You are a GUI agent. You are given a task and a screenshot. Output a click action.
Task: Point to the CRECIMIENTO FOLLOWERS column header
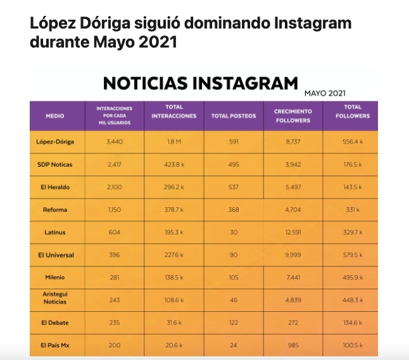(293, 115)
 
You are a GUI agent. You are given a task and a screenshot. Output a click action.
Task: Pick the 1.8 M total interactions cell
(173, 141)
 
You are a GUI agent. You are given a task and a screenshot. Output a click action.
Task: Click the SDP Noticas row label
(55, 165)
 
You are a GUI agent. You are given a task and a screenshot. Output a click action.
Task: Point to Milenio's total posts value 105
(233, 278)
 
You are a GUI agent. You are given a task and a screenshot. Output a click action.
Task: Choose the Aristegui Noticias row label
(55, 300)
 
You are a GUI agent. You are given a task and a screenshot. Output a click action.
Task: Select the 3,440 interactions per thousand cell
(115, 141)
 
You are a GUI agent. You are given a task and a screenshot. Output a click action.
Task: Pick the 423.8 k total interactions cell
(173, 165)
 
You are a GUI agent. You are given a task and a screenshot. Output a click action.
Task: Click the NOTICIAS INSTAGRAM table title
(200, 84)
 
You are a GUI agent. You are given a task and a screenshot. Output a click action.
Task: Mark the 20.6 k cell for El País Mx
(173, 345)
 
